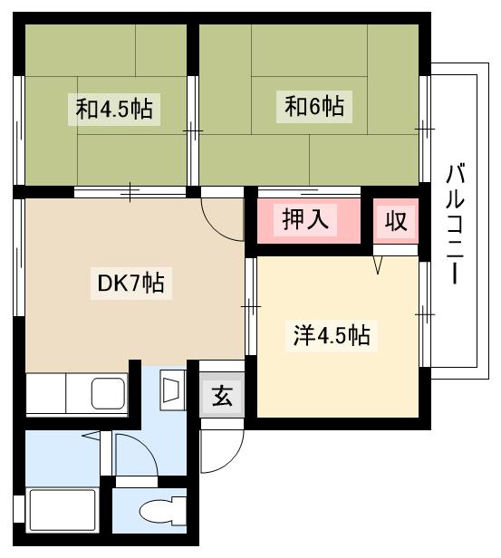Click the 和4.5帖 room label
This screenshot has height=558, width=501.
pos(114,111)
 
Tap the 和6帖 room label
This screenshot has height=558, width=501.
pos(314,106)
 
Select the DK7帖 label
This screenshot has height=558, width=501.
pos(130,284)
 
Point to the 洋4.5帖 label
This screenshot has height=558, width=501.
pos(331,335)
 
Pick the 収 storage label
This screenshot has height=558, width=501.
pos(397,220)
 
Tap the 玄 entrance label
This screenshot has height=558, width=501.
pos(221,396)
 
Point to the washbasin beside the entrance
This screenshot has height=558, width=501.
pos(172,390)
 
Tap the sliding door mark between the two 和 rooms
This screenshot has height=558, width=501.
pos(193,131)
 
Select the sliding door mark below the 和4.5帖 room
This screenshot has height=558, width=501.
pos(131,191)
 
